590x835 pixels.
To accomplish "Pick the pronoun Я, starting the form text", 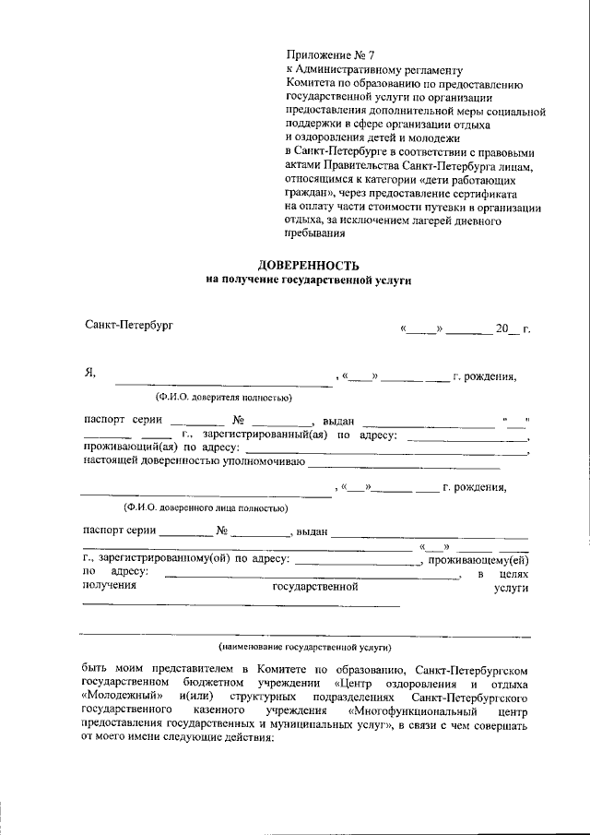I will click(x=89, y=374).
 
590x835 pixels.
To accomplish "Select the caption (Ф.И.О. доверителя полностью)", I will click(x=223, y=398).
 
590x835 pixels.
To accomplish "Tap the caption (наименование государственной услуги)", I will click(x=305, y=648).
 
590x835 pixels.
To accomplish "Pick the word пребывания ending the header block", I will click(x=313, y=234).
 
